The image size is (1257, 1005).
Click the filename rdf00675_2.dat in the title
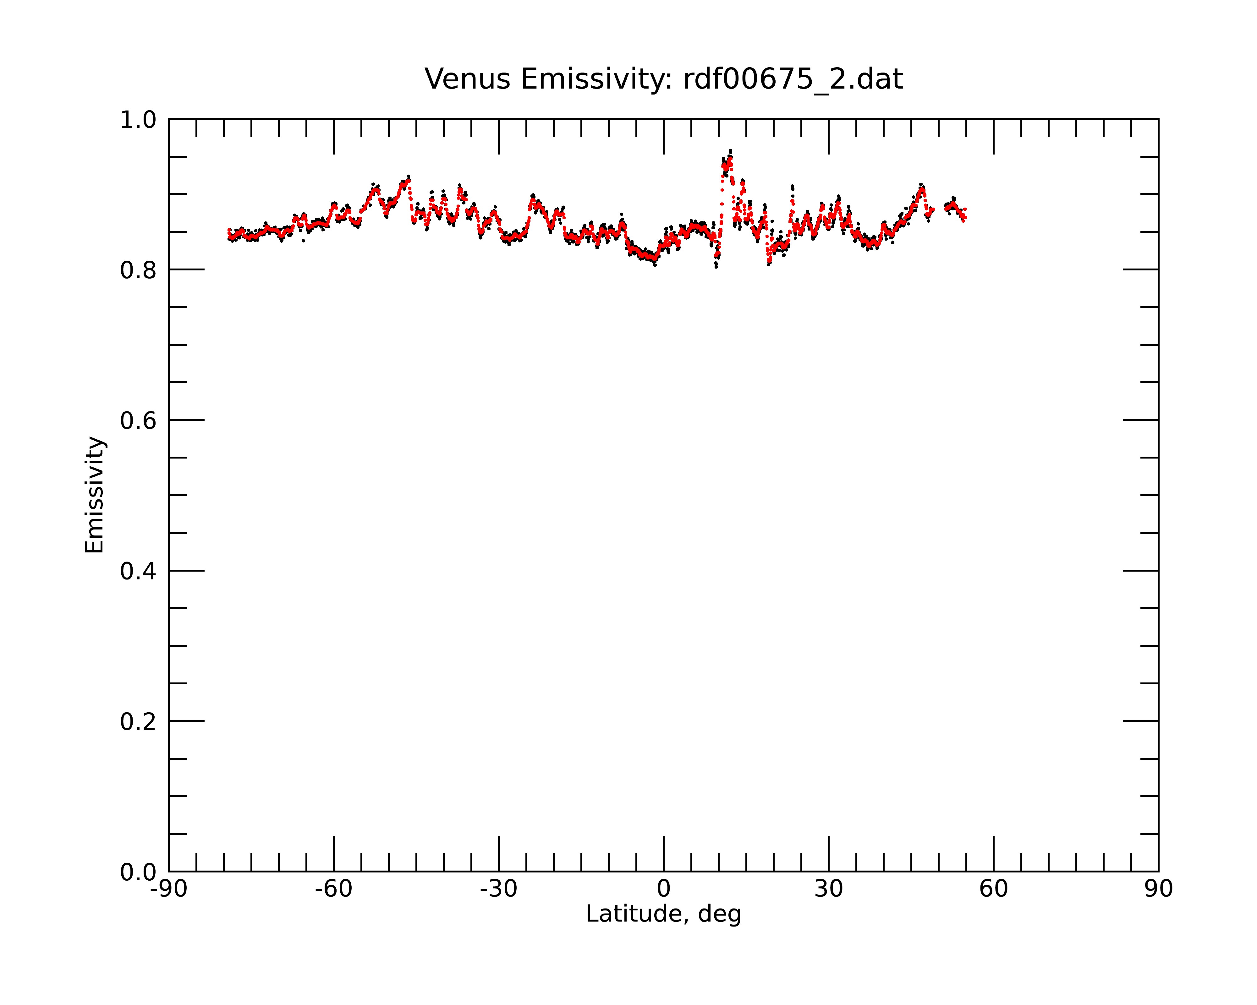point(793,79)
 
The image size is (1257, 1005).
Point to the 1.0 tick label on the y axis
point(138,120)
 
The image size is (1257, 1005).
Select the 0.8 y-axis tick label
point(138,270)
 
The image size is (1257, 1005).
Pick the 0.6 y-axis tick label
point(138,421)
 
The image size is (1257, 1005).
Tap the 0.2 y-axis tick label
point(138,722)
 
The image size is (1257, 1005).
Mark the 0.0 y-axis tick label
point(138,872)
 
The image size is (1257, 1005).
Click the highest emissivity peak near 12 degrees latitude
point(731,150)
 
